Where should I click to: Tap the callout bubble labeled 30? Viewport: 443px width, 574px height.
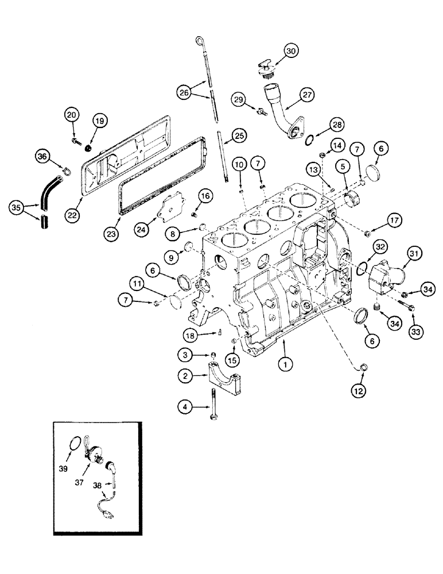pyautogui.click(x=291, y=51)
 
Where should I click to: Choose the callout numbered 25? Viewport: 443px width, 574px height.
pyautogui.click(x=238, y=135)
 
